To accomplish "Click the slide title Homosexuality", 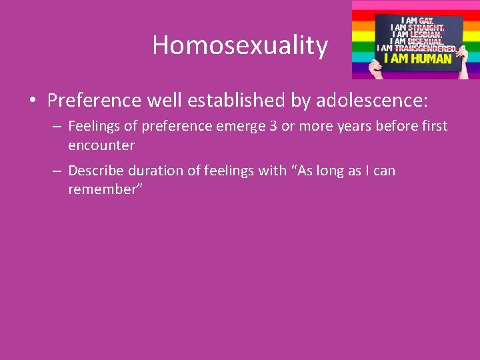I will click(x=240, y=45).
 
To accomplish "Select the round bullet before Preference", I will click(x=32, y=101).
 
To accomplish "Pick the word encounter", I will click(x=101, y=145).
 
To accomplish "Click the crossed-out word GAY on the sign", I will click(x=426, y=21).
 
